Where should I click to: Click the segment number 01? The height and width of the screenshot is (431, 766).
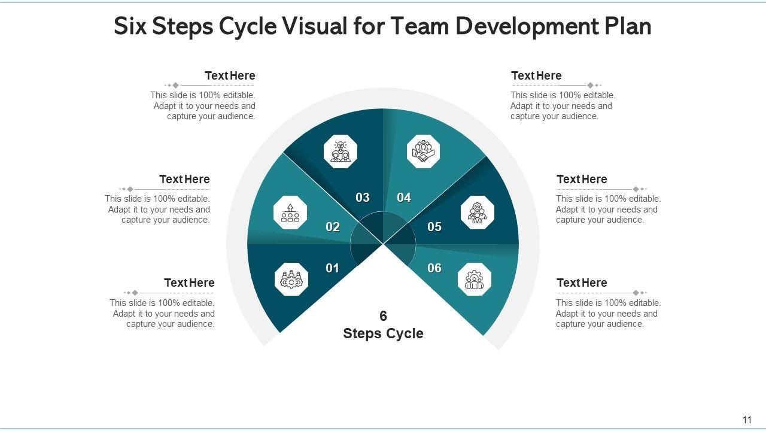pyautogui.click(x=332, y=268)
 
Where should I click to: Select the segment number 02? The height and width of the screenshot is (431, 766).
pyautogui.click(x=333, y=227)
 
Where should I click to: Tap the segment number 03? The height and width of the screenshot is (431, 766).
pyautogui.click(x=363, y=198)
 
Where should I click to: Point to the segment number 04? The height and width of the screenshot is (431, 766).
pyautogui.click(x=404, y=198)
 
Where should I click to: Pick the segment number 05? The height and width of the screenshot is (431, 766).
pyautogui.click(x=434, y=227)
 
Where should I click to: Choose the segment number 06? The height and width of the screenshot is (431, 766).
pyautogui.click(x=434, y=268)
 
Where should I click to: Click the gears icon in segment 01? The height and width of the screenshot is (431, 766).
pyautogui.click(x=291, y=279)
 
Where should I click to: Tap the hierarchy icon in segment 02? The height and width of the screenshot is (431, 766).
pyautogui.click(x=290, y=213)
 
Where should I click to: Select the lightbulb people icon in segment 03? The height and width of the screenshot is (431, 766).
pyautogui.click(x=341, y=151)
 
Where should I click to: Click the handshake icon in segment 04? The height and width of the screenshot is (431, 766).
pyautogui.click(x=423, y=151)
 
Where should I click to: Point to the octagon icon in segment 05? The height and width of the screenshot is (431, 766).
pyautogui.click(x=478, y=213)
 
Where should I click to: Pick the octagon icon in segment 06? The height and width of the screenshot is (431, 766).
pyautogui.click(x=475, y=280)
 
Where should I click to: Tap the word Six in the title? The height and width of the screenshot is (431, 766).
pyautogui.click(x=131, y=26)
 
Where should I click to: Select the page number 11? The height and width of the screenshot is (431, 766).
pyautogui.click(x=747, y=420)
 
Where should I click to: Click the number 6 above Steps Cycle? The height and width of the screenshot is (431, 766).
pyautogui.click(x=383, y=316)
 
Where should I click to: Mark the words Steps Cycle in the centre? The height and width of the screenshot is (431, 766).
pyautogui.click(x=383, y=333)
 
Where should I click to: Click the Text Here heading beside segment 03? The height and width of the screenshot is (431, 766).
pyautogui.click(x=230, y=75)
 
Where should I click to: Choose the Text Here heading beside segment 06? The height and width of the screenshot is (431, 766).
pyautogui.click(x=582, y=283)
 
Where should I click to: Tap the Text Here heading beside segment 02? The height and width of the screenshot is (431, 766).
pyautogui.click(x=184, y=179)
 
